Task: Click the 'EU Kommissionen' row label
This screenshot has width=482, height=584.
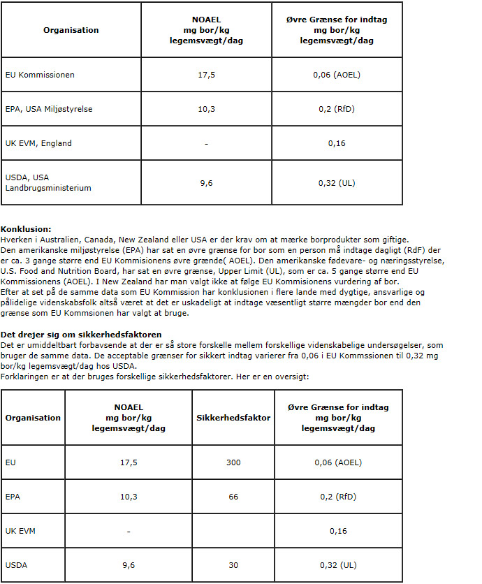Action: [40, 75]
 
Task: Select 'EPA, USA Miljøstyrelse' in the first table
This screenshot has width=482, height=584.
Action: [49, 109]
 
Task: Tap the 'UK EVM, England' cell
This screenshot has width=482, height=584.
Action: [38, 143]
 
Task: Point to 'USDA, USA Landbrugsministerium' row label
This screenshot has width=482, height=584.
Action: [48, 183]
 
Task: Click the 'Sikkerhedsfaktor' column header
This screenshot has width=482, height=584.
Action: [233, 418]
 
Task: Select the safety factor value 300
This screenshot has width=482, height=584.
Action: [233, 462]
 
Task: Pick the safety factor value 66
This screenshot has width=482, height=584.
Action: [233, 497]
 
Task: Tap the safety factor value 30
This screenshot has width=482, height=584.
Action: [233, 564]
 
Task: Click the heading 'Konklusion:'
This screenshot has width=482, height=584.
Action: [26, 229]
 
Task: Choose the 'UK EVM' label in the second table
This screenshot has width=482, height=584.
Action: [20, 531]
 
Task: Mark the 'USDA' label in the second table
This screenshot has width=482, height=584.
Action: [16, 564]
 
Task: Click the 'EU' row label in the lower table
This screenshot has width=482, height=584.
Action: [10, 462]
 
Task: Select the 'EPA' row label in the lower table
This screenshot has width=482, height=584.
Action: [12, 497]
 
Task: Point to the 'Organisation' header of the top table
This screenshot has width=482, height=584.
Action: [71, 30]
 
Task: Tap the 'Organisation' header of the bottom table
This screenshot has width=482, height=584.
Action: [33, 418]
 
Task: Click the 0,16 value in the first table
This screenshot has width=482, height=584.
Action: [337, 143]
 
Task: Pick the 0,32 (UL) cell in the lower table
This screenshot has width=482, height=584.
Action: [338, 564]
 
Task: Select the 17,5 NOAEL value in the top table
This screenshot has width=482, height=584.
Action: [206, 75]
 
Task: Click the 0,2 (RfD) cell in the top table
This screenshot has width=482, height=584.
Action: [337, 109]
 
